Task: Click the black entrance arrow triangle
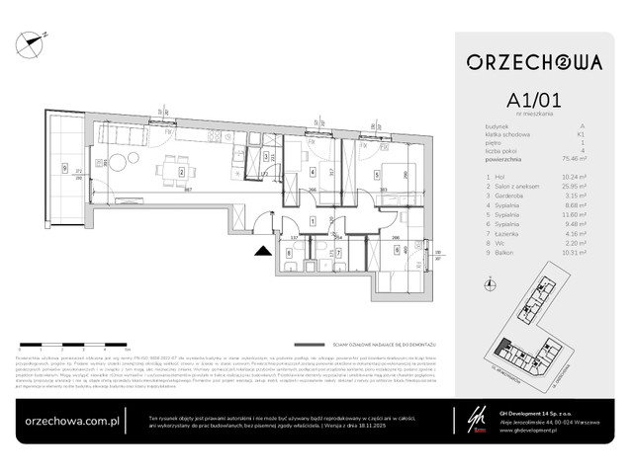(262, 252)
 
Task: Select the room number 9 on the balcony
(64, 167)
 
